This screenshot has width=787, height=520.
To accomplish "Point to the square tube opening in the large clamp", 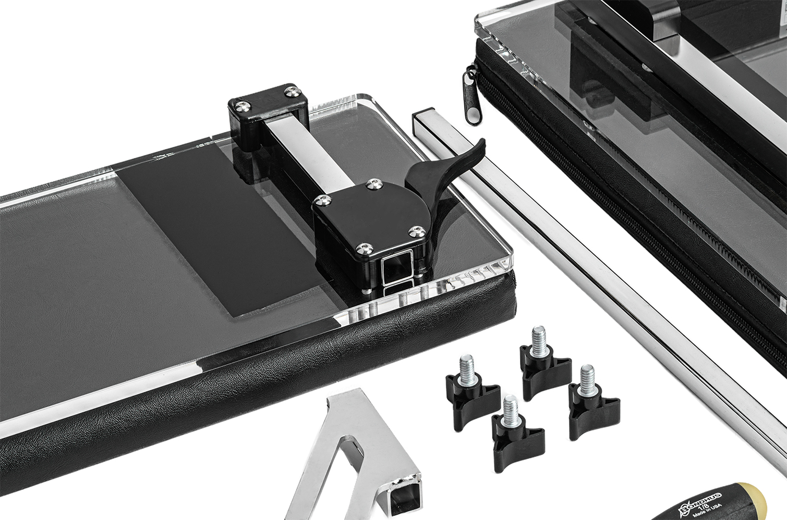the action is click(x=397, y=269).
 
